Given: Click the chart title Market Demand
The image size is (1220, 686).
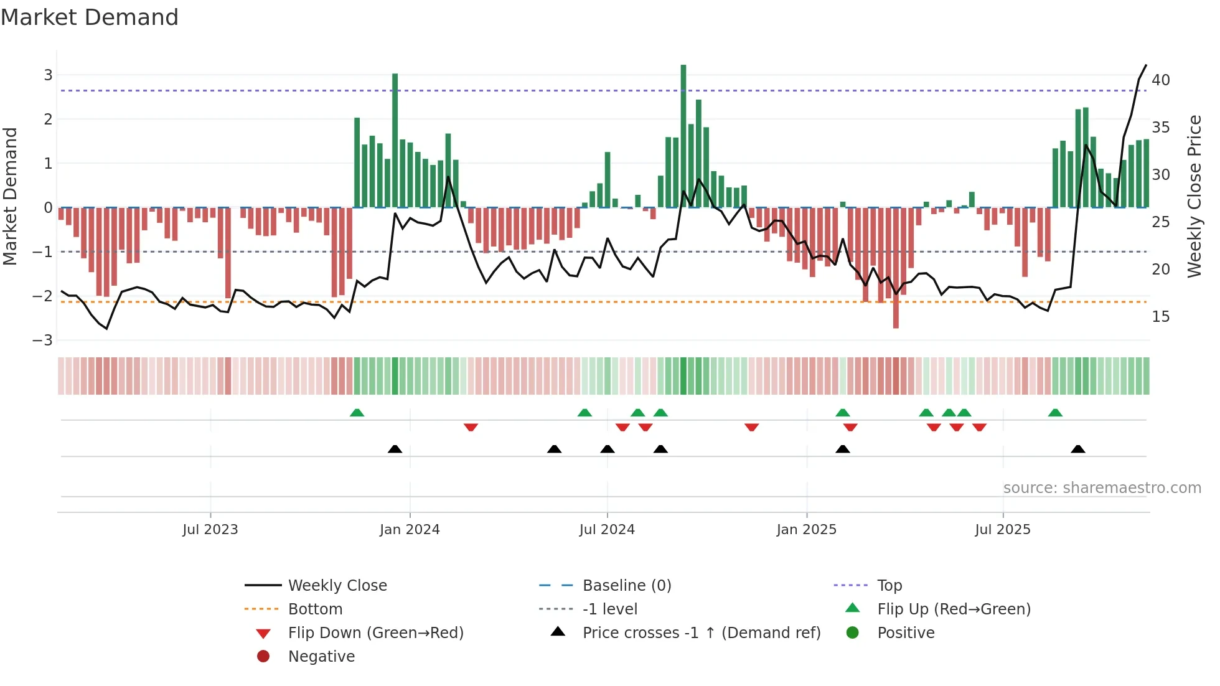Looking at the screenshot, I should pyautogui.click(x=90, y=17).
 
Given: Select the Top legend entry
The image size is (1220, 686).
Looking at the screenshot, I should pyautogui.click(x=889, y=585).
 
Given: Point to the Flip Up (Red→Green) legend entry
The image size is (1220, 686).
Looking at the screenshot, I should pyautogui.click(x=954, y=609).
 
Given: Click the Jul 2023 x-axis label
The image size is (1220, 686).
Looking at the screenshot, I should pyautogui.click(x=210, y=529).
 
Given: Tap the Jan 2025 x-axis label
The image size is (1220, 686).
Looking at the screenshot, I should pyautogui.click(x=807, y=529).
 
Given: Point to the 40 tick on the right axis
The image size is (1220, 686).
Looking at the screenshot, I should pyautogui.click(x=1160, y=80).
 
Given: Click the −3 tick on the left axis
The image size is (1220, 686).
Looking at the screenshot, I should pyautogui.click(x=43, y=340).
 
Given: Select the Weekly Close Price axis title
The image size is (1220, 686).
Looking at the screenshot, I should pyautogui.click(x=1194, y=196).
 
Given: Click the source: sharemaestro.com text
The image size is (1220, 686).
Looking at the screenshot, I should pyautogui.click(x=1102, y=487).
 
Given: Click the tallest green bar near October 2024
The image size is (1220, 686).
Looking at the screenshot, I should pyautogui.click(x=683, y=137).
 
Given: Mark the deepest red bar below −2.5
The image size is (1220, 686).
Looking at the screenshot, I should pyautogui.click(x=896, y=268).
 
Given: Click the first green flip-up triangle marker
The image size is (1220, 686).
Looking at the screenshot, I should pyautogui.click(x=357, y=413).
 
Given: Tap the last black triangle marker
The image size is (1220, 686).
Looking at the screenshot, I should pyautogui.click(x=1078, y=449).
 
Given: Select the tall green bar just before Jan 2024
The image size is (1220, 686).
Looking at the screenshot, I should pyautogui.click(x=395, y=140).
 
